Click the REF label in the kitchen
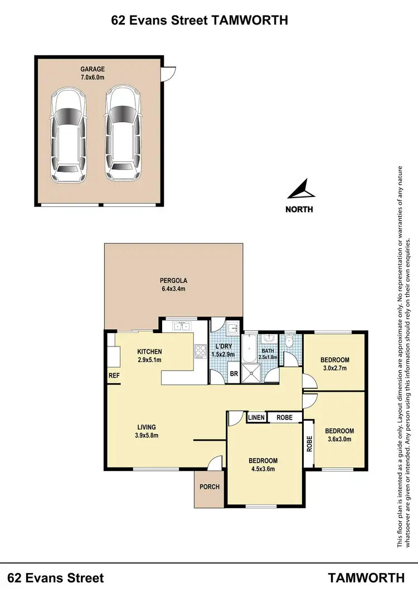114,376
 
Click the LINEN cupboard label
256,417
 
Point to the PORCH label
210,487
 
